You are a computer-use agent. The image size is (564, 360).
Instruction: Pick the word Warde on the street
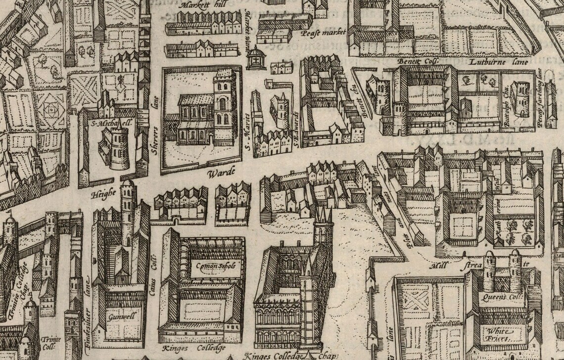pyautogui.click(x=218, y=174)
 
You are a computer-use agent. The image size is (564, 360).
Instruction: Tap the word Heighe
pyautogui.click(x=103, y=195)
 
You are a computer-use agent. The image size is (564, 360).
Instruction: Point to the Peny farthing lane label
pyautogui.click(x=541, y=99)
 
